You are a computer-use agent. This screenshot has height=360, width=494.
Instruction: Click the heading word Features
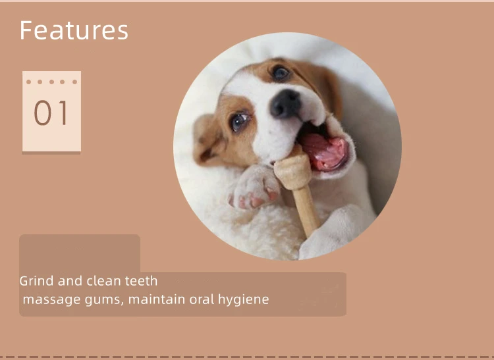(x=74, y=30)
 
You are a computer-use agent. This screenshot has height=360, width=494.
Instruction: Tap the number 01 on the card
(x=51, y=113)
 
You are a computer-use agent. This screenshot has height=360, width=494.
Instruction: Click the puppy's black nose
(x=285, y=103)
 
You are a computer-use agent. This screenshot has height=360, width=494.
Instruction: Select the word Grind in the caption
(x=37, y=281)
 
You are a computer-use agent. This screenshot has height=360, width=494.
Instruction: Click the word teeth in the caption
(x=141, y=281)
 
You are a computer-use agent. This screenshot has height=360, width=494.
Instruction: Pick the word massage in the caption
(x=47, y=299)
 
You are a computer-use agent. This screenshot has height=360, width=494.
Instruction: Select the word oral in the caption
(x=204, y=299)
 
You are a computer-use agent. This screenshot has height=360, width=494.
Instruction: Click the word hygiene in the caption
(x=246, y=299)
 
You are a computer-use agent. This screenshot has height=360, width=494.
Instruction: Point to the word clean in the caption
(x=103, y=281)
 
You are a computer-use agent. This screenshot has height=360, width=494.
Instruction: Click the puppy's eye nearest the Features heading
(x=239, y=121)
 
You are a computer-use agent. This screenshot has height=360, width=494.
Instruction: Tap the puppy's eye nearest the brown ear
(x=281, y=72)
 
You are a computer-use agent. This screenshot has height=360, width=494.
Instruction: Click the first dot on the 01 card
(x=29, y=82)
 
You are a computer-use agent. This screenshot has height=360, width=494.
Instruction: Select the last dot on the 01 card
(x=74, y=82)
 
